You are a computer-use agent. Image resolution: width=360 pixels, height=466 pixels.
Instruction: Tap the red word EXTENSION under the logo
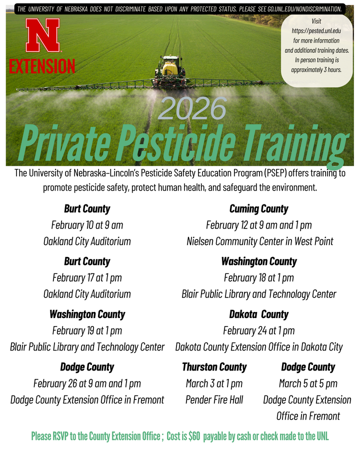[42, 66]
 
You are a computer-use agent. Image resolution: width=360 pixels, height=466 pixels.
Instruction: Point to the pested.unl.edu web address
[315, 31]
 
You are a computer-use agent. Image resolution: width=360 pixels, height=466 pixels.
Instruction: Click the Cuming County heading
[258, 208]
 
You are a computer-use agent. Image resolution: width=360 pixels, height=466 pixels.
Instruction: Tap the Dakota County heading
[258, 314]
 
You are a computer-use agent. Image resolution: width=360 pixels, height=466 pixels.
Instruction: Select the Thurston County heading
[214, 367]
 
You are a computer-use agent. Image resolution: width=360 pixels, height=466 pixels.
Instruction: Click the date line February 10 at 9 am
[87, 225]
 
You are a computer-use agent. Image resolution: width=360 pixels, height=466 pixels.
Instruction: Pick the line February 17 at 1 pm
[87, 277]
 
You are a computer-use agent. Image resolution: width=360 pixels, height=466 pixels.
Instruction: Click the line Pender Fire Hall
[214, 399]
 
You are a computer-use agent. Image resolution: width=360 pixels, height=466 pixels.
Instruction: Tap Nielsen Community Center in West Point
[259, 241]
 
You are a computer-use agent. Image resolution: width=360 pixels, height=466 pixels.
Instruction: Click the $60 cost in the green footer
[193, 436]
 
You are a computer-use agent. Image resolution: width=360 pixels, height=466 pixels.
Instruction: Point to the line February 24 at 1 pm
[258, 330]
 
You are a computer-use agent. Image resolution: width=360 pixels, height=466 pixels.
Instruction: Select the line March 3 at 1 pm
[214, 383]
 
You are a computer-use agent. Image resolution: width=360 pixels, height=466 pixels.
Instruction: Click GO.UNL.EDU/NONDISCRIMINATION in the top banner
[304, 9]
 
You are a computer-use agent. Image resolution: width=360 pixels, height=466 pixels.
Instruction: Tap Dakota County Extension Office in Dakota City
[259, 347]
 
